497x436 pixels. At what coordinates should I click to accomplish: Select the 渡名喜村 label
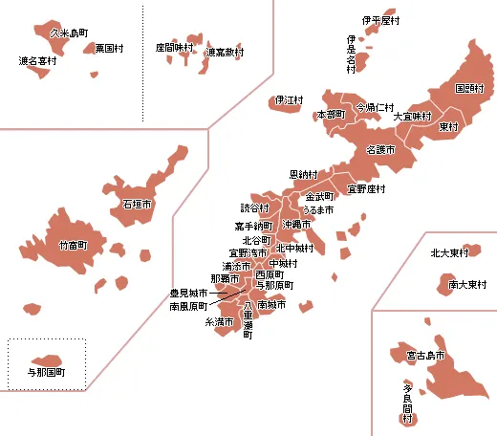coord(37,60)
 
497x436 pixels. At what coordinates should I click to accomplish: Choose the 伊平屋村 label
coord(380,20)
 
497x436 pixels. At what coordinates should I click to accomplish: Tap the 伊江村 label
coord(289,99)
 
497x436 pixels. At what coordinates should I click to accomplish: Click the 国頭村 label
coord(468,88)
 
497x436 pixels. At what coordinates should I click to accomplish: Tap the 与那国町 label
coord(45,371)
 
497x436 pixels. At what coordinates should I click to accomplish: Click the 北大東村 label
coord(448,253)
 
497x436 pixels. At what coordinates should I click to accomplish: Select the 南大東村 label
coord(467,284)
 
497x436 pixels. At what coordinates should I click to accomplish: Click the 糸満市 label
coord(219,322)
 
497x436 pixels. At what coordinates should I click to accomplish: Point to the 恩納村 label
coord(304,175)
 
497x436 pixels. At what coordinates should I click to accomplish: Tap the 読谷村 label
coord(255,207)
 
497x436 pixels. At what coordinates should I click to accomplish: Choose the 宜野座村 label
coord(366,188)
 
